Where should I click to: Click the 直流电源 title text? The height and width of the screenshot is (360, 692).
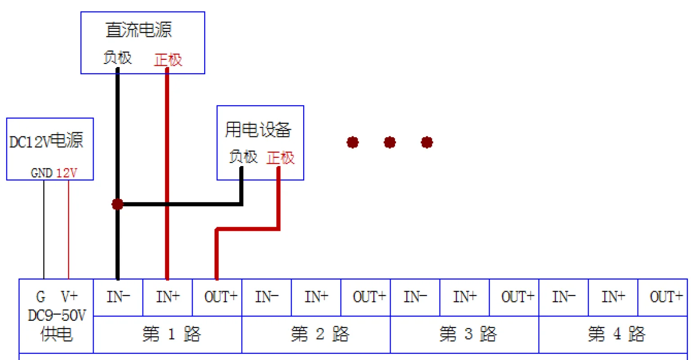[x=139, y=30]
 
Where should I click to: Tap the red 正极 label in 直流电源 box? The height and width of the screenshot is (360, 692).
[x=168, y=60]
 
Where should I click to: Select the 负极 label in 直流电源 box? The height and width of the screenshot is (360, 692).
[x=117, y=58]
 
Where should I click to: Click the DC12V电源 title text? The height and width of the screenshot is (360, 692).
[x=46, y=141]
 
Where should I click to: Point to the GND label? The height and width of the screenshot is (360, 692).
[x=41, y=173]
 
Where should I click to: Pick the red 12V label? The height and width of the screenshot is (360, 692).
[x=67, y=173]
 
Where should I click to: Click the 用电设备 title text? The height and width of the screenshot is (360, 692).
[x=258, y=130]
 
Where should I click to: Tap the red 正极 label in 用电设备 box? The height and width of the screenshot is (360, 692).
[x=280, y=158]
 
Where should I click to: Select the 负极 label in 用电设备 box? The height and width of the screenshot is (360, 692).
[x=243, y=157]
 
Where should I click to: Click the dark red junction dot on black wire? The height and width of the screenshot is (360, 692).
[x=117, y=204]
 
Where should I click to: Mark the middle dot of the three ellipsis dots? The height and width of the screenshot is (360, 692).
[x=390, y=143]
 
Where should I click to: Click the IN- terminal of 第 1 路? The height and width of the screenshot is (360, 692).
[x=118, y=297]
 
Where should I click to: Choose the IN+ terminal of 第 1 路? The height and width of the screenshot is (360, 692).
[x=168, y=297]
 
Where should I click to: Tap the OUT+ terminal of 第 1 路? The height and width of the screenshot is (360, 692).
[x=220, y=297]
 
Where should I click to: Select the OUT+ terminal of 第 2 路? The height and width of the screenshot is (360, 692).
[x=369, y=297]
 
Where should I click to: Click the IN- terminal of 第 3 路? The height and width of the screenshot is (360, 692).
[x=415, y=297]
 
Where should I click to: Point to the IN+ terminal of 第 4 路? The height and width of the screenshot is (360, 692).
[x=613, y=297]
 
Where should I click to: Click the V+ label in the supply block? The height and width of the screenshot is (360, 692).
[x=69, y=297]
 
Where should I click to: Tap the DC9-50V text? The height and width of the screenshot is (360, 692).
[x=56, y=315]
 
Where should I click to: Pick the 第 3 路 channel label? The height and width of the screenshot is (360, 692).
[x=468, y=334]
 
